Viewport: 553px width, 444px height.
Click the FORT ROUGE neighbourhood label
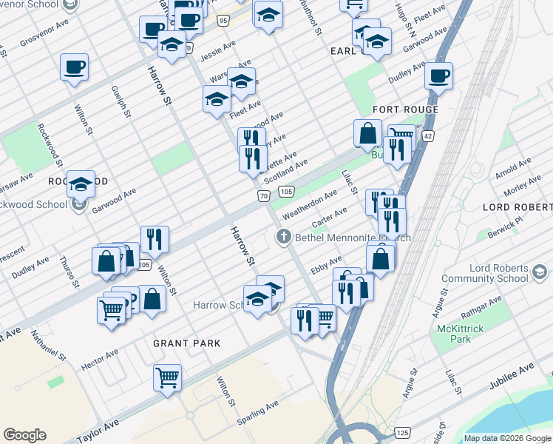tap(406, 110)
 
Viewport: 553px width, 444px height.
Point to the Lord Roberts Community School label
tap(499, 273)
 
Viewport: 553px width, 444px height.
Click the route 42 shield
tap(429, 136)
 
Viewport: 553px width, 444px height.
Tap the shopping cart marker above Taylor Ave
tap(168, 376)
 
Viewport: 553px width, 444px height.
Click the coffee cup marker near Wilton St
tap(74, 67)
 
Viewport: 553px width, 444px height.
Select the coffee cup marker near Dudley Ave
tap(438, 75)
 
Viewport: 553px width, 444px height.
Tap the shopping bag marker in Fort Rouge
tap(367, 133)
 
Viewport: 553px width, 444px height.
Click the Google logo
tap(24, 435)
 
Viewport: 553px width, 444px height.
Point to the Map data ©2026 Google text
tap(506, 438)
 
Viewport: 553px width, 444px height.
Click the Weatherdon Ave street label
tap(310, 198)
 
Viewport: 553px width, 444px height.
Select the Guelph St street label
tap(121, 101)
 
